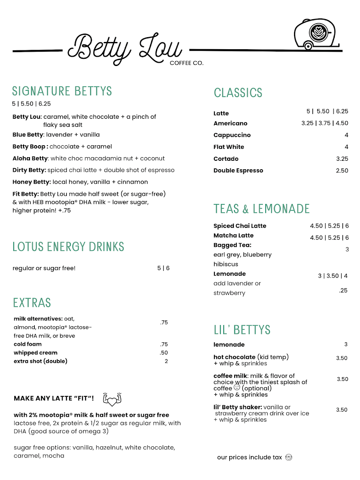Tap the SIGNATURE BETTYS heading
point(62,91)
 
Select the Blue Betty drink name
point(28,135)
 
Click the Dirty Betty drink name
point(29,170)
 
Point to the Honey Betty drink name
point(32,182)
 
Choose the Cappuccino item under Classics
point(232,135)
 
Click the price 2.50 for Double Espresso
point(342,170)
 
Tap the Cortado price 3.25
point(342,159)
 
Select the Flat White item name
point(229,147)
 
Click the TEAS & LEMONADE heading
point(262,209)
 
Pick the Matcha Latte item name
point(234,236)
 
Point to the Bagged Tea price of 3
point(347,249)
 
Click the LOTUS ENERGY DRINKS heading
point(68,247)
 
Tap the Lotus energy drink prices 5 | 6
point(163,268)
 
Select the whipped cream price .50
point(164,353)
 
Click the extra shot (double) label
point(40,361)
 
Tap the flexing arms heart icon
point(112,399)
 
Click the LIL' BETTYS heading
point(242,330)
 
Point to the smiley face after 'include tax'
point(289,457)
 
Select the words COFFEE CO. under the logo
point(186,63)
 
